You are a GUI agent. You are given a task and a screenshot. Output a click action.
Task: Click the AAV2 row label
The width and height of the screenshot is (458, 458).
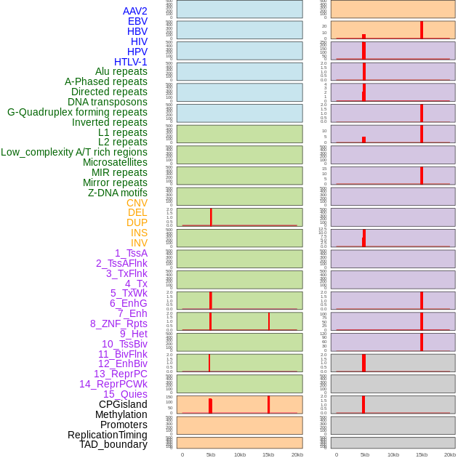tap(134, 11)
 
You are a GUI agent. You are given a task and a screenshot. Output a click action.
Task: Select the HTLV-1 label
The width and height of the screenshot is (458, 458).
tap(130, 62)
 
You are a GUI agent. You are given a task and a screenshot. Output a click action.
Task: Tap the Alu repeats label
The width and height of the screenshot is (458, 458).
tap(121, 71)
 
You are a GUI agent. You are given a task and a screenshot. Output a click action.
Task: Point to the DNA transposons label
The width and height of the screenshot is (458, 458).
tap(108, 102)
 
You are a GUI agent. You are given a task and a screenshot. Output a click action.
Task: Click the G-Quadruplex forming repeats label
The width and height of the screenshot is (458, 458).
tap(77, 112)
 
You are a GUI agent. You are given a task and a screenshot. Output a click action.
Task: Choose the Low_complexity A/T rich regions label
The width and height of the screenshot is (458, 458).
tap(74, 152)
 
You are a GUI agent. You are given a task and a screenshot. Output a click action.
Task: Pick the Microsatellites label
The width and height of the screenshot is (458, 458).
tap(115, 162)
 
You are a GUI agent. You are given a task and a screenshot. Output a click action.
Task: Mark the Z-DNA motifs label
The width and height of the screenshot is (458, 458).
tap(117, 193)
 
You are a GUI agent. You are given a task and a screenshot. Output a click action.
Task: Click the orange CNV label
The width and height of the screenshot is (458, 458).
tap(137, 203)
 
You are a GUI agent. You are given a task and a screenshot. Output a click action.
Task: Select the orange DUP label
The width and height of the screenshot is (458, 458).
tap(137, 222)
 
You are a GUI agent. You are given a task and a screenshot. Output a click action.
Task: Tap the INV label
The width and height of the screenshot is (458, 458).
tap(139, 243)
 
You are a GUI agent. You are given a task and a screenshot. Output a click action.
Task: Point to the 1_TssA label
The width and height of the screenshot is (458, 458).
tap(131, 253)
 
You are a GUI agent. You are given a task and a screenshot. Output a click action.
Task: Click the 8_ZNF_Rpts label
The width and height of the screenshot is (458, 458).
tap(118, 324)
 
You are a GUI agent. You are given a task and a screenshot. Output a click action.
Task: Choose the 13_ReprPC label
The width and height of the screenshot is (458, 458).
tap(120, 374)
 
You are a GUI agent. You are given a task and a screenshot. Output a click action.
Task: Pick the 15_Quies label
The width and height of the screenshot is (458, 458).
tap(125, 394)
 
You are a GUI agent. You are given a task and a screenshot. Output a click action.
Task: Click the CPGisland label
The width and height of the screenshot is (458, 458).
tap(123, 404)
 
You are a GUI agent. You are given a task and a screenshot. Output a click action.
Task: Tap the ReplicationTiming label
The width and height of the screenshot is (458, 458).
tap(107, 435)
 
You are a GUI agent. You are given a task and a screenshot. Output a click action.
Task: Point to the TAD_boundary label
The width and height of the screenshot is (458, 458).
tap(113, 444)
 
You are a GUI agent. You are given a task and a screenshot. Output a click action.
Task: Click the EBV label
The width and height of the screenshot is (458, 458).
tap(137, 21)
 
